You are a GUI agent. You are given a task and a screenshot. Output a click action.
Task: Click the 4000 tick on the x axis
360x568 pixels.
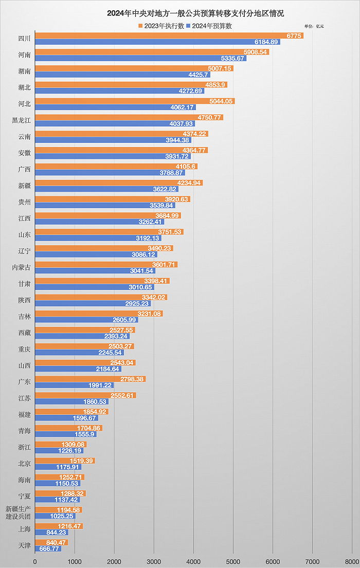coord(193,562)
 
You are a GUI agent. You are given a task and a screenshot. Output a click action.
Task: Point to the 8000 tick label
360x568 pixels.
coord(352,562)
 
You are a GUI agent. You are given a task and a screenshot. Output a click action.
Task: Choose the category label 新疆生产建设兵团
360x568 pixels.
coord(18,512)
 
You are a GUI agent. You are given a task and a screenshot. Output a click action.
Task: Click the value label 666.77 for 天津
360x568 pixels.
coord(50,549)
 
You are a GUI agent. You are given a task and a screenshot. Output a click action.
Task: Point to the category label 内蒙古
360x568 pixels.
coord(21,267)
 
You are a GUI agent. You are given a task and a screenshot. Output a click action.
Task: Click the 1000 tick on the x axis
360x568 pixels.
coord(75,562)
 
